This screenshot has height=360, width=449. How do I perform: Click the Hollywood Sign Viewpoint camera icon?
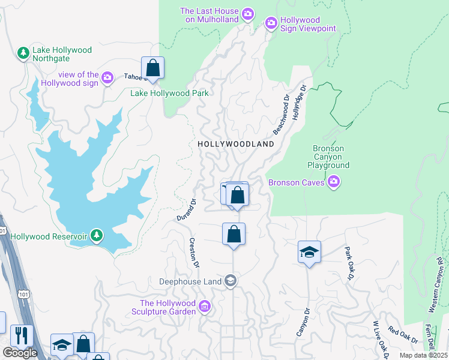pyautogui.click(x=271, y=23)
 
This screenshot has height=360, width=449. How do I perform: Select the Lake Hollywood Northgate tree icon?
pyautogui.click(x=23, y=53)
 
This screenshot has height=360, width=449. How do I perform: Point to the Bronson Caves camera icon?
pyautogui.click(x=334, y=182)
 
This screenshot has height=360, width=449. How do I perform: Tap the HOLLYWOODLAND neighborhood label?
pyautogui.click(x=236, y=144)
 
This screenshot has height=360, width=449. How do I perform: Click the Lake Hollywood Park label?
pyautogui.click(x=170, y=93)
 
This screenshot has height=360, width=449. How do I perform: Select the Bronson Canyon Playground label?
pyautogui.click(x=328, y=157)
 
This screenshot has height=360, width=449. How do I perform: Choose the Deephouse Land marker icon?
pyautogui.click(x=230, y=281)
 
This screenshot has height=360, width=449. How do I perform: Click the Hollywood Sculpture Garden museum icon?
pyautogui.click(x=205, y=307)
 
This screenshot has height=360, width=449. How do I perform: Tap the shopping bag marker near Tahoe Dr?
pyautogui.click(x=153, y=67)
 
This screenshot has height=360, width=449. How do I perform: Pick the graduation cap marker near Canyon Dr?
pyautogui.click(x=309, y=252)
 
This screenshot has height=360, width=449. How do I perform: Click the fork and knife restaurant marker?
pyautogui.click(x=21, y=335)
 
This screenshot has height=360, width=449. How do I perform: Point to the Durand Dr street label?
pyautogui.click(x=187, y=211)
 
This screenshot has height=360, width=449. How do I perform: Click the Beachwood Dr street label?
pyautogui.click(x=282, y=113)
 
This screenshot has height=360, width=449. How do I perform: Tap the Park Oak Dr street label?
pyautogui.click(x=349, y=263)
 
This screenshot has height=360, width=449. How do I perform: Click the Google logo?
pyautogui.click(x=20, y=353)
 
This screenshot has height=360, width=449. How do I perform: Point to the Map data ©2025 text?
pyautogui.click(x=424, y=355)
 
